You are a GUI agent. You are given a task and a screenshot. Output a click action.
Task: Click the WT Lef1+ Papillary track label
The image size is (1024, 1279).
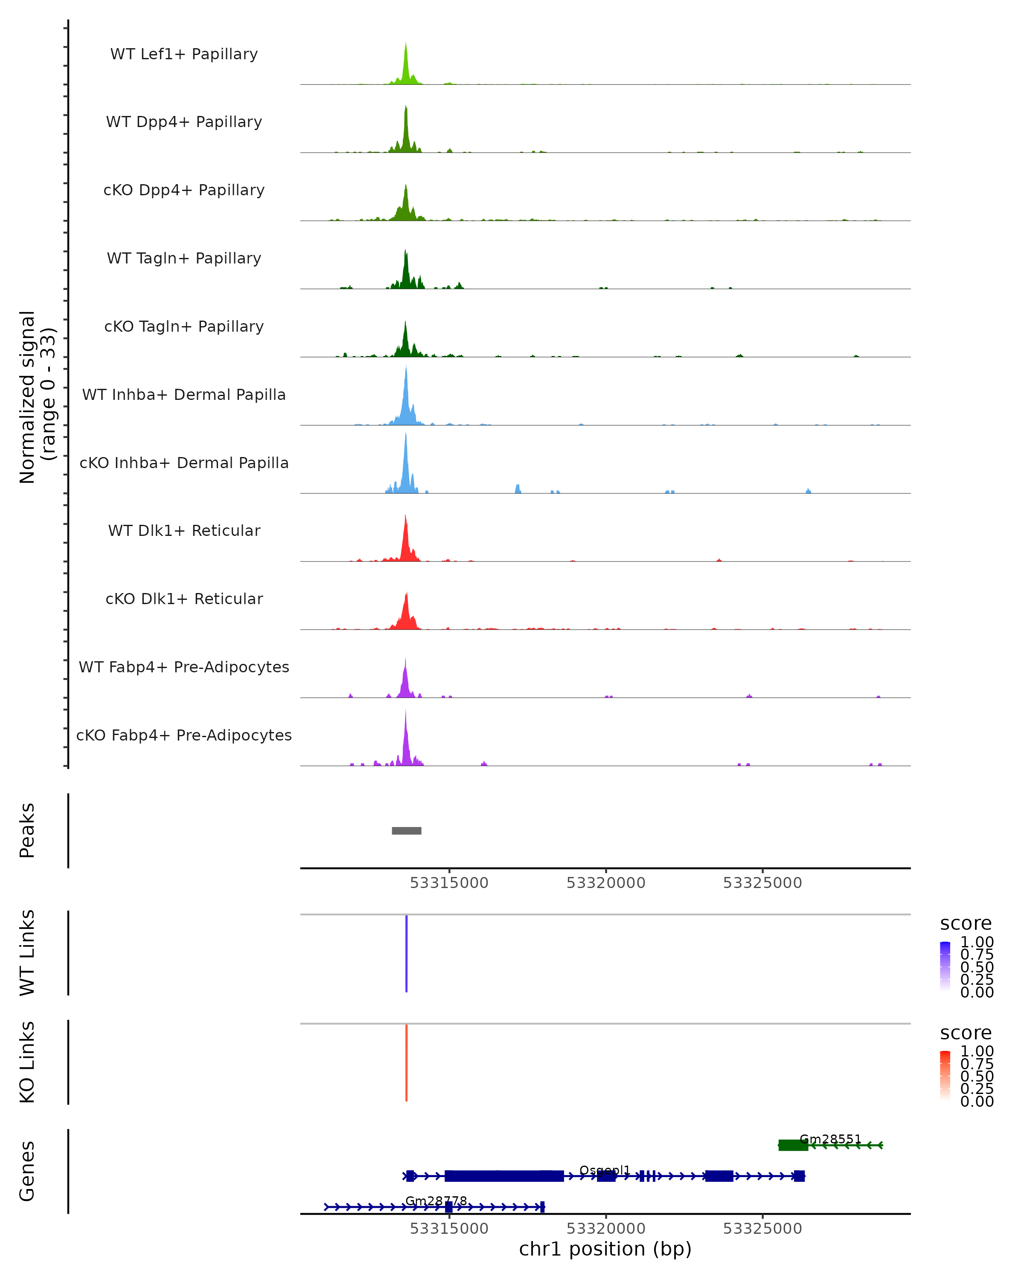(x=184, y=54)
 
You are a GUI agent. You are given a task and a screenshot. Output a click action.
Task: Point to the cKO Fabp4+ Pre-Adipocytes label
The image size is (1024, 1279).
(x=184, y=735)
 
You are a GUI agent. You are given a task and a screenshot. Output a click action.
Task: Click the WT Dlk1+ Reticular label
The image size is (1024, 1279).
(x=184, y=530)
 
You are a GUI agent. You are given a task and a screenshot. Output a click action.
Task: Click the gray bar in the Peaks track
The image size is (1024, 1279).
(x=407, y=830)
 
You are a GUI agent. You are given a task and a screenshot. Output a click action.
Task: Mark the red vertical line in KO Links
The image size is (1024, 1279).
(x=407, y=1062)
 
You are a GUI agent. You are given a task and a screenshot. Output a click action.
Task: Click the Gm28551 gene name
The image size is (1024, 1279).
(x=830, y=1139)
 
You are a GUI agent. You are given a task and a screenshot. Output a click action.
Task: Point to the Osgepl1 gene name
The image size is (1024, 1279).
(x=604, y=1170)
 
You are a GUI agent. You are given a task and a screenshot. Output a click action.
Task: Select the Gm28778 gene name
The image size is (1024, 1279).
(x=436, y=1201)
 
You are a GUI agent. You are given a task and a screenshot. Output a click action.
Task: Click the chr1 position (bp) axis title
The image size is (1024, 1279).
(x=605, y=1249)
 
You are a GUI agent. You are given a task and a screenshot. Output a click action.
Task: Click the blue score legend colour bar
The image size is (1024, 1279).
(x=945, y=967)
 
